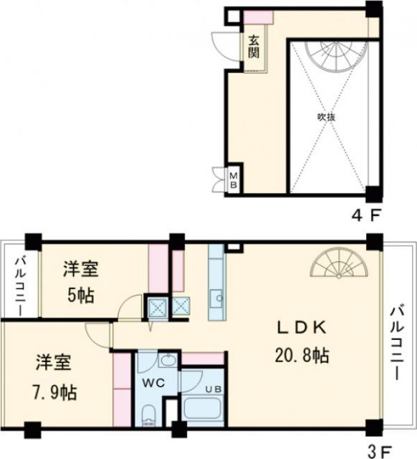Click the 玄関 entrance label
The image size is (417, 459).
click(x=254, y=47)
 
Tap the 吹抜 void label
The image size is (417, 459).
click(x=326, y=117)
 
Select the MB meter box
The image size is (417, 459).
click(x=234, y=176)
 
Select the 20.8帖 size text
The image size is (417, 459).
click(x=303, y=355)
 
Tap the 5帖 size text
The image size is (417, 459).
click(x=80, y=295)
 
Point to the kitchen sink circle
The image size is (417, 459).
click(x=219, y=296)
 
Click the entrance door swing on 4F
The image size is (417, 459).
click(x=228, y=45)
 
